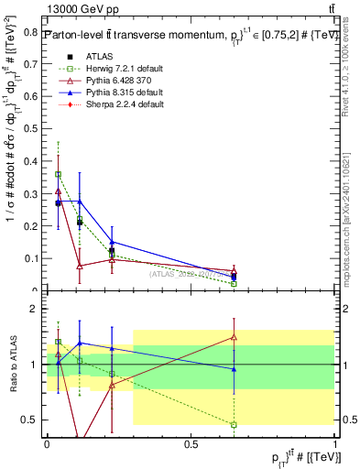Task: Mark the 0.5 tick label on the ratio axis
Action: click(32, 420)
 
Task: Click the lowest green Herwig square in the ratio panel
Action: click(234, 424)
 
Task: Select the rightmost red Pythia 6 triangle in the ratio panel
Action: click(234, 337)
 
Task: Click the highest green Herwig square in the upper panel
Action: click(59, 174)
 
